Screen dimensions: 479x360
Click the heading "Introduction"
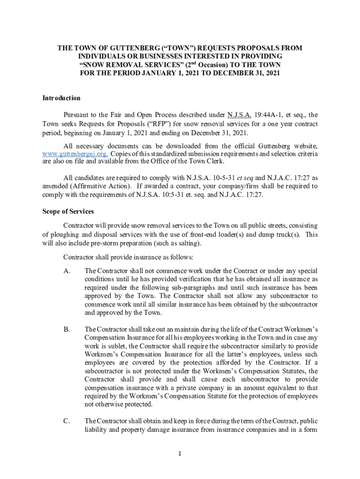(x=61, y=98)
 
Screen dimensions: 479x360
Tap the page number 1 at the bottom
(x=180, y=453)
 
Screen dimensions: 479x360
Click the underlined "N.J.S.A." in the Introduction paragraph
(x=240, y=115)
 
